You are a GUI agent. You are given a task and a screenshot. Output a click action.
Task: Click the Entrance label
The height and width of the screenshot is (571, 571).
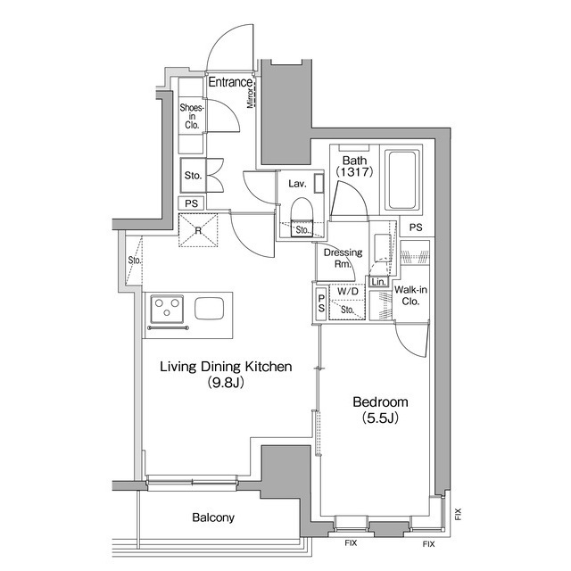coord(230,82)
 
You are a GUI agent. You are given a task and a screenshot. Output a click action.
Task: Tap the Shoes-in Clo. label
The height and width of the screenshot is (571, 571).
coord(192,116)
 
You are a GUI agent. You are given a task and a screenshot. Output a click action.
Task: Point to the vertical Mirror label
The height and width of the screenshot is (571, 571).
coord(250,97)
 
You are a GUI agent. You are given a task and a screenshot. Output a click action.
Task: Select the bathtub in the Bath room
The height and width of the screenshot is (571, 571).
coord(402,180)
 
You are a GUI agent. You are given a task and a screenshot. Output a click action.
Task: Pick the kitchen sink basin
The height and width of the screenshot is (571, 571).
coord(210,309)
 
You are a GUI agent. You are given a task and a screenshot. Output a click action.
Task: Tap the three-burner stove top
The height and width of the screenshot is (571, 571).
coord(167,309)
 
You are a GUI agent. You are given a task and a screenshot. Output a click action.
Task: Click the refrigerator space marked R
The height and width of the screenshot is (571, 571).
coord(198,230)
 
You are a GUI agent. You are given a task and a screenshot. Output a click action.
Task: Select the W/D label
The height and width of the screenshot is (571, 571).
coord(348,291)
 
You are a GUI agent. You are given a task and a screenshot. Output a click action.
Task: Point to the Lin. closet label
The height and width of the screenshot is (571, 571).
coord(378,282)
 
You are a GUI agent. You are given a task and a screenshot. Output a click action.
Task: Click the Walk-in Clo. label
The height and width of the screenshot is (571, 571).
coord(410,295)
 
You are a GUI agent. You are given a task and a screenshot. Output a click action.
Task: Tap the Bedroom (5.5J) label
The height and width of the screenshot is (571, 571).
coord(380,410)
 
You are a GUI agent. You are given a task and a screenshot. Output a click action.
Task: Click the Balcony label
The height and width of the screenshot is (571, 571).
coord(213,517)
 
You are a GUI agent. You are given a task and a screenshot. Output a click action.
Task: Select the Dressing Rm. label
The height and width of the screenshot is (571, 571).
coord(343,258)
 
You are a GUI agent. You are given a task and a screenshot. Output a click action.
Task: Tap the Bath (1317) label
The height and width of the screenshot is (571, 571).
coord(355,166)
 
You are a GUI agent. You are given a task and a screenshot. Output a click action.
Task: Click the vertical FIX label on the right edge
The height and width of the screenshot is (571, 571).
coord(458,514)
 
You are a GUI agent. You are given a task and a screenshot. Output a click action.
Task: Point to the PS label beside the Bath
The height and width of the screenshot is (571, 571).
coord(416,228)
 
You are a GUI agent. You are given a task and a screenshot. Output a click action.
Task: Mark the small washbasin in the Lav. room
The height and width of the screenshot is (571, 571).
coord(319,183)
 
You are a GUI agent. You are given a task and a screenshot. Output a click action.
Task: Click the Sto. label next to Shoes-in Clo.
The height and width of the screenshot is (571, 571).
coord(193,176)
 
